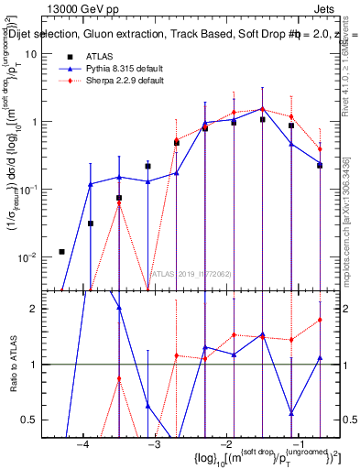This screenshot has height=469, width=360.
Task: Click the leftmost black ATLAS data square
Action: point(61,251)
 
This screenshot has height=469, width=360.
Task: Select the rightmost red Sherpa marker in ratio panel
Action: point(320,320)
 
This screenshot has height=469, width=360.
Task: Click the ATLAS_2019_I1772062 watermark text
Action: point(191,273)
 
